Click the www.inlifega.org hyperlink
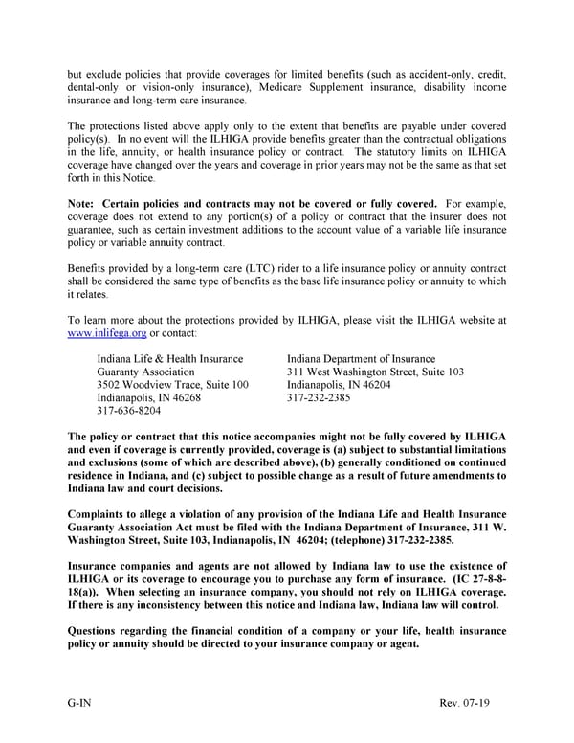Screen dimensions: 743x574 pos(107,332)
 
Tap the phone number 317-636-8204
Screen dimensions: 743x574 pos(129,410)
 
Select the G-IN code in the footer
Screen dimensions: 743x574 pos(79,704)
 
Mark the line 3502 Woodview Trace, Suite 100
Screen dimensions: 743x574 pos(172,384)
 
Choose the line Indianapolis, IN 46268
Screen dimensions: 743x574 pos(148,397)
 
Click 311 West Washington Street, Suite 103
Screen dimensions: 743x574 pos(375,371)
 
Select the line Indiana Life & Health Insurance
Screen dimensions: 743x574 pos(169,358)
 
